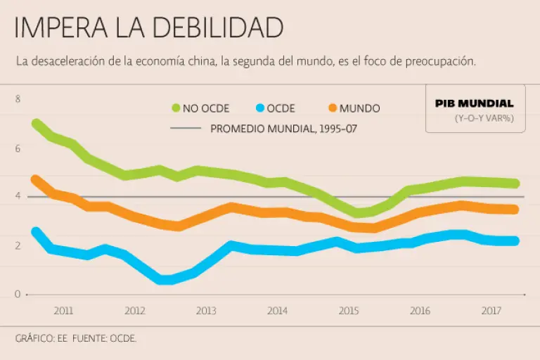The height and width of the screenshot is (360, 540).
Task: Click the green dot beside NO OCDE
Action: [176, 108]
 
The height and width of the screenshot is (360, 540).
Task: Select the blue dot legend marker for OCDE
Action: [259, 108]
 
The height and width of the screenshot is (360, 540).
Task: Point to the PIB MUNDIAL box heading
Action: [474, 103]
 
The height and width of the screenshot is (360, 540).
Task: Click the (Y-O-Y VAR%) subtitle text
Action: [484, 118]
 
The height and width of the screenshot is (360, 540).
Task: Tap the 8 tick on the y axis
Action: [18, 99]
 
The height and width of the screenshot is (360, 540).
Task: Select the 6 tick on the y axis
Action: [18, 148]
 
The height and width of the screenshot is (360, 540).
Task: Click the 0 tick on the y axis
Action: [18, 294]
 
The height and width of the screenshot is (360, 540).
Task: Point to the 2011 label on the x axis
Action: [63, 310]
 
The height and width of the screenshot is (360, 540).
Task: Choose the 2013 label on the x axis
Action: [206, 310]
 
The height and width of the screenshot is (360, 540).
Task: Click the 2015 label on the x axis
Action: [348, 310]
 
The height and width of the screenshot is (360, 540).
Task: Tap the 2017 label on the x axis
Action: [490, 310]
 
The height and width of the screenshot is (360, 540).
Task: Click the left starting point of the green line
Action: [36, 124]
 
